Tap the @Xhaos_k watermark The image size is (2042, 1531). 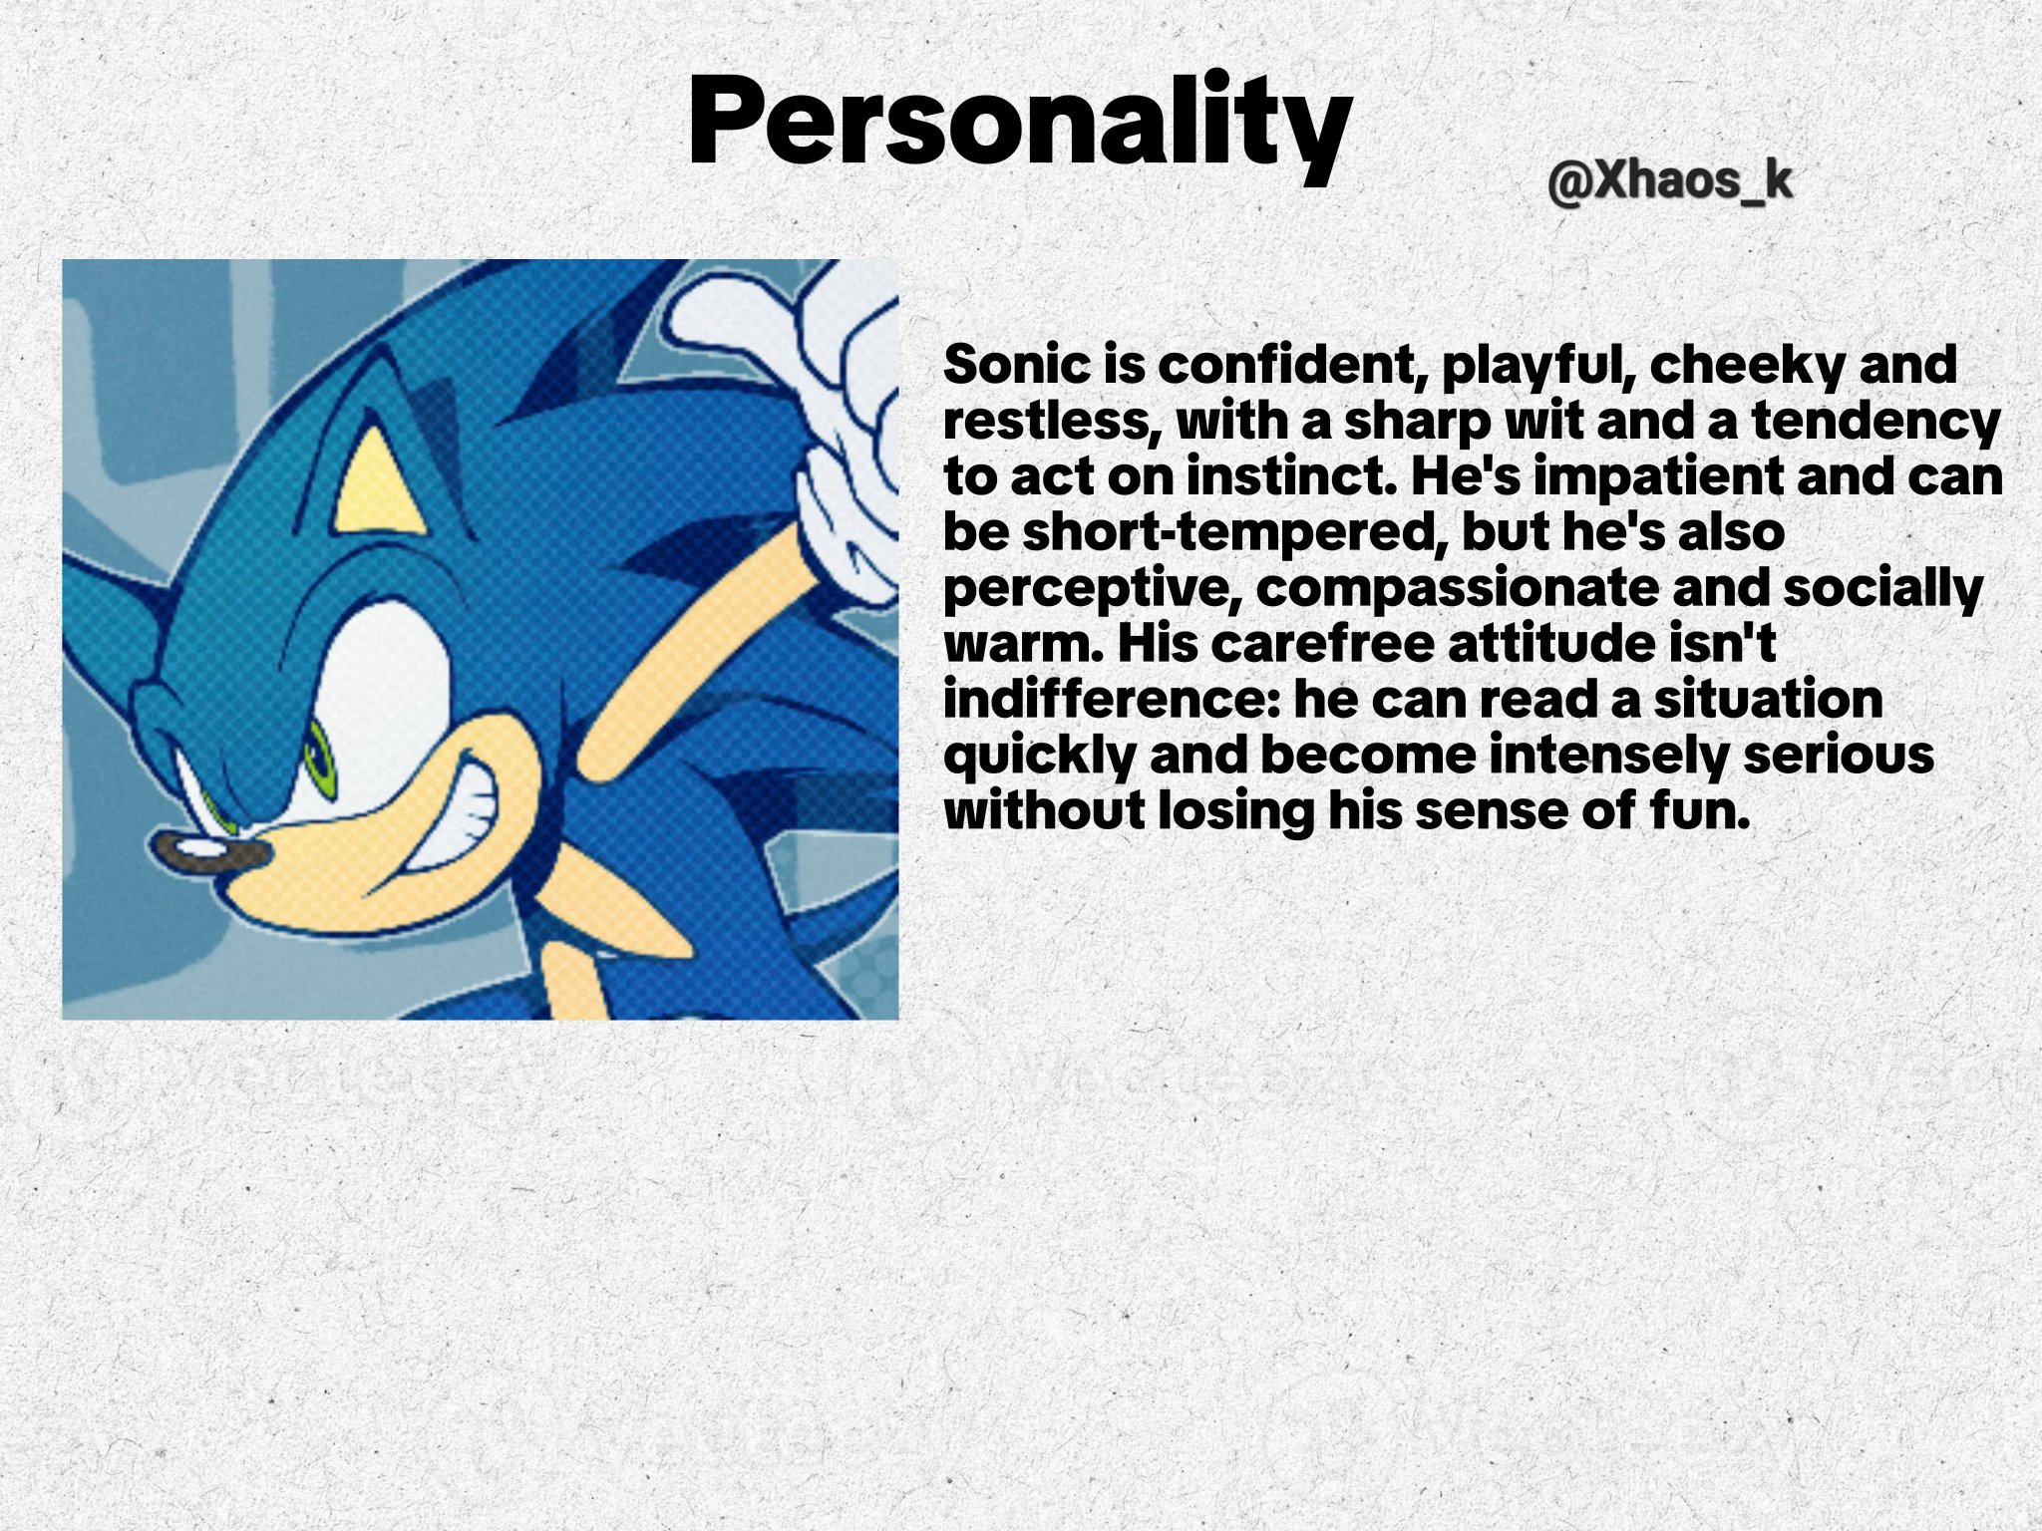(x=1670, y=182)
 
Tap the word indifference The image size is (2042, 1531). (x=1111, y=700)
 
